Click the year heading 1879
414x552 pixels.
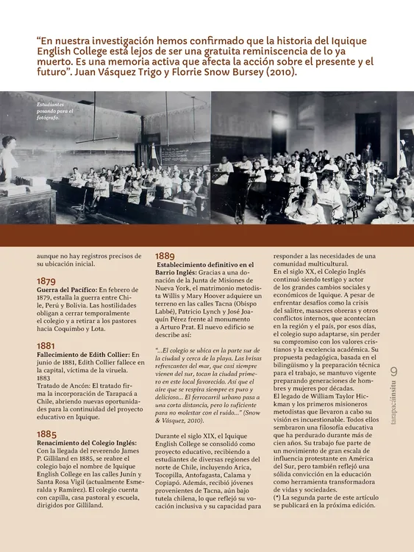46,281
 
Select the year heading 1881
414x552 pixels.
46,345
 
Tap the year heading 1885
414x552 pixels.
47,434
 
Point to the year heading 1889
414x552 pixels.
165,255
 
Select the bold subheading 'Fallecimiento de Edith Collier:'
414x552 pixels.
83,355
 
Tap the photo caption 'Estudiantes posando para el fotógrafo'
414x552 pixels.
50,110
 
